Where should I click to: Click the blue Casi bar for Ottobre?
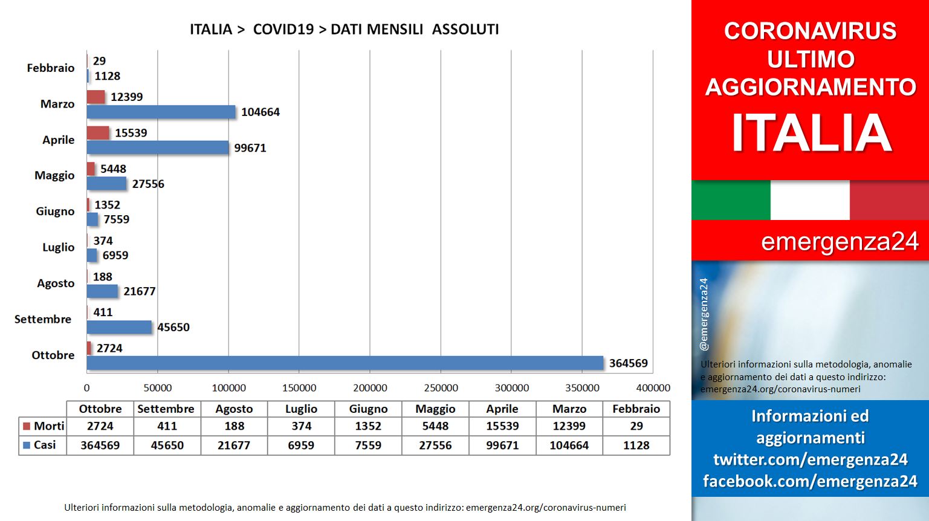point(345,363)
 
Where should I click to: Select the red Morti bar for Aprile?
point(98,133)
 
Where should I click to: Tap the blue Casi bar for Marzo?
point(161,112)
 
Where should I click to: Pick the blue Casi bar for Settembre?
point(119,327)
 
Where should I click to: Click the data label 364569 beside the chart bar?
point(629,363)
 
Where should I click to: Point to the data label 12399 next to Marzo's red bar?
point(126,97)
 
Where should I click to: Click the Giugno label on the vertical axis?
point(55,211)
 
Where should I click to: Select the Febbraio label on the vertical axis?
point(51,68)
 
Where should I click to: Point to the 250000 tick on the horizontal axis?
point(441,388)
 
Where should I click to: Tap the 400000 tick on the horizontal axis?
point(653,388)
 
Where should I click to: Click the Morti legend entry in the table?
point(44,426)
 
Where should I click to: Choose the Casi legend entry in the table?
point(39,445)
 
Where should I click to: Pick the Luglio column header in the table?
point(301,409)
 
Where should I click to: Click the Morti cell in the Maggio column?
point(435,426)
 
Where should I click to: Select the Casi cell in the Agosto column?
point(234,445)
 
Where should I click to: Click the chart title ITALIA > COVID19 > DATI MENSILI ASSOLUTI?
point(345,30)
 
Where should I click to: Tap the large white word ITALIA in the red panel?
point(811,133)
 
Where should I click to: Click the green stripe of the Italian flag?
point(731,200)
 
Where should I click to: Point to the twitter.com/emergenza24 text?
point(811,459)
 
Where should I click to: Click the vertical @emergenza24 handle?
point(704,314)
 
